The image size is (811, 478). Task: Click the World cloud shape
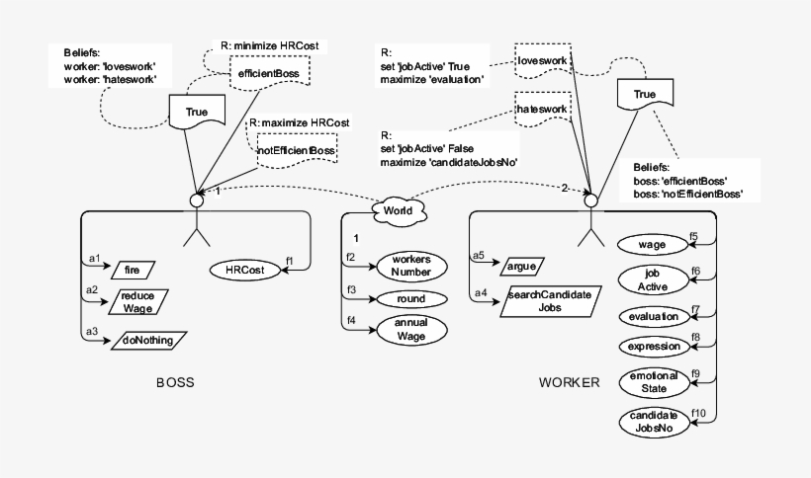tap(399, 211)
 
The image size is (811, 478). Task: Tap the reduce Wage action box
tap(137, 301)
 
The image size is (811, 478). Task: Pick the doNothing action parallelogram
tap(147, 341)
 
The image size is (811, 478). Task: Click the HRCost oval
tap(242, 269)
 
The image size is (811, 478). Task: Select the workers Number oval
tap(411, 266)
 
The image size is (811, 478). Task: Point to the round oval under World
tap(411, 299)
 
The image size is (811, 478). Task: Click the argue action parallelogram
tap(521, 266)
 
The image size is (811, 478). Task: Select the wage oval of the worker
tap(651, 243)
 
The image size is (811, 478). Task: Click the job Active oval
tap(651, 279)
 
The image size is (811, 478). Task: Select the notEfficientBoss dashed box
tap(296, 149)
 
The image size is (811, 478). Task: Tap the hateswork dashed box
tap(542, 108)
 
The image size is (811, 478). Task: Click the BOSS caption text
tap(175, 382)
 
